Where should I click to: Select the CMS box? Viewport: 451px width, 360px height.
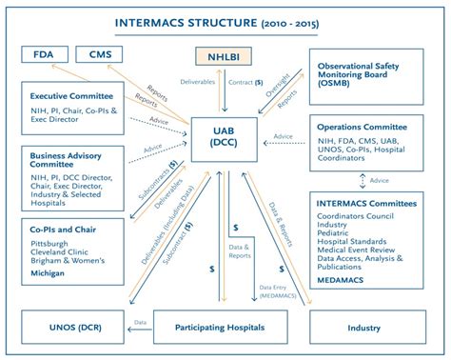tap(99, 56)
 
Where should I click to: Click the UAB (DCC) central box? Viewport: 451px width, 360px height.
tap(225, 136)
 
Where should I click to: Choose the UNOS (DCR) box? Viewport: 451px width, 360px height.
tap(63, 328)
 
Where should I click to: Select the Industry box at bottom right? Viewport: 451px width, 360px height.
tap(364, 328)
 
